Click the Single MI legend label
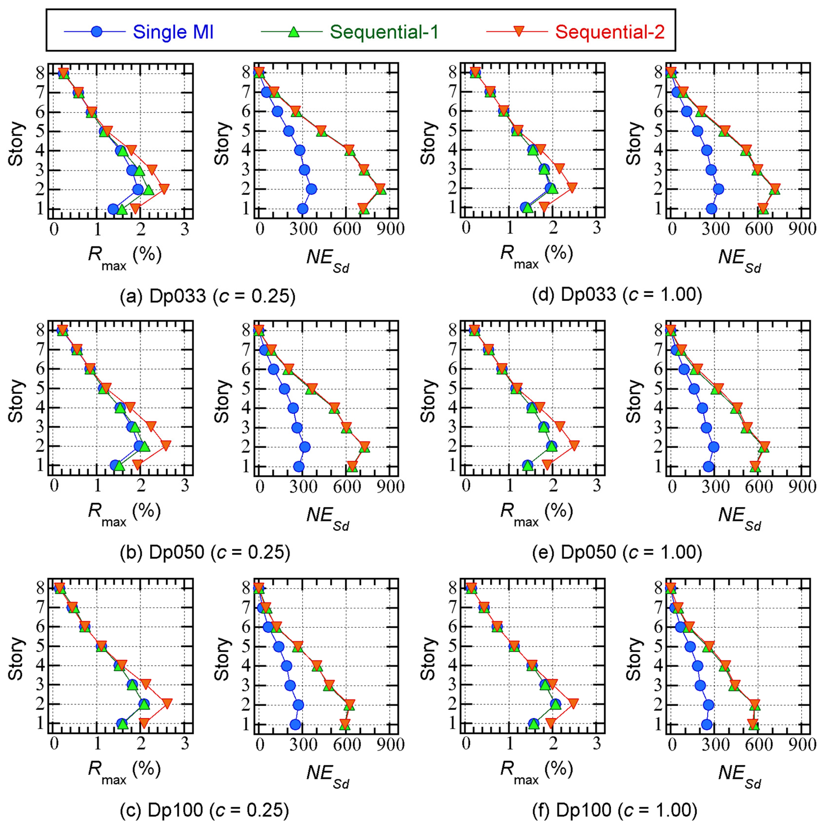pos(173,32)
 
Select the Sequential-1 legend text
pos(384,32)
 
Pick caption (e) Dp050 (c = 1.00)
pos(617,552)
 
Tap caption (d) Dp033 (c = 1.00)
pos(617,295)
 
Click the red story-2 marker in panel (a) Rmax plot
pos(163,189)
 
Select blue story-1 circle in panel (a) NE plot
pos(303,209)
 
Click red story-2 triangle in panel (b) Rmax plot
pos(165,445)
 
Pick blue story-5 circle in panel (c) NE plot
pos(278,647)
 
